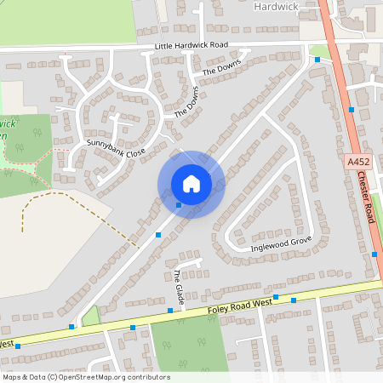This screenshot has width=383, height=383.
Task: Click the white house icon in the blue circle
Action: click(x=191, y=184)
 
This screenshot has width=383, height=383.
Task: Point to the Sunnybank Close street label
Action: click(x=117, y=150)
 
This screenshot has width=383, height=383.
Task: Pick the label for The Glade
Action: click(x=179, y=288)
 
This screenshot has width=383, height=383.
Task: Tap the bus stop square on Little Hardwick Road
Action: click(x=317, y=60)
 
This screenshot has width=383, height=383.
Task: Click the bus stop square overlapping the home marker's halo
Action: click(x=179, y=204)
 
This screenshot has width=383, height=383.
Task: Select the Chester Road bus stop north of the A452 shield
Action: click(x=351, y=109)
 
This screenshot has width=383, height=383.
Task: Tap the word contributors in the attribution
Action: click(x=151, y=377)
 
